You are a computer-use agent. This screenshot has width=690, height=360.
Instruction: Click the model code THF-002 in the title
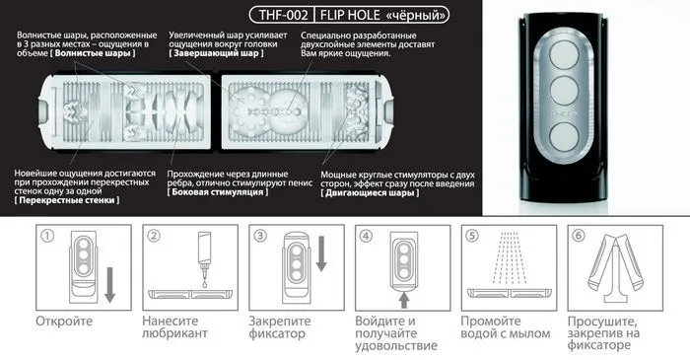point(283,15)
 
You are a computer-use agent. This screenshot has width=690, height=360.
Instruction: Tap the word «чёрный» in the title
point(415,15)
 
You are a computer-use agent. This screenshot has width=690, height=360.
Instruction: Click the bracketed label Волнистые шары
point(93,53)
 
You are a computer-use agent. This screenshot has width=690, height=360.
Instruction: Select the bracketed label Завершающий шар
point(216,53)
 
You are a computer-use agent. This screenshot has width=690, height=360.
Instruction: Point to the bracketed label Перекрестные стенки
point(67,200)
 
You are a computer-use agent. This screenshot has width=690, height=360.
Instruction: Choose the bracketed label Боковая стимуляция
point(218,192)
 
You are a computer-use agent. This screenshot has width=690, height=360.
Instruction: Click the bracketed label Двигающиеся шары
point(370,192)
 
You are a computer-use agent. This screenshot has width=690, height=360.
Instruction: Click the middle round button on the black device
point(564,90)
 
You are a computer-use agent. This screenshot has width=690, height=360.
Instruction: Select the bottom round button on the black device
point(564,137)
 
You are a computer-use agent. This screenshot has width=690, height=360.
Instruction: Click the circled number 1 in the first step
point(47,237)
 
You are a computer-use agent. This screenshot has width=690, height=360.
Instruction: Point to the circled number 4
point(366,237)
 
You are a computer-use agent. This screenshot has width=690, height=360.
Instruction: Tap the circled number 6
point(579,236)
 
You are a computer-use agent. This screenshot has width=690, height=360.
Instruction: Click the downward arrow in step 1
point(109,285)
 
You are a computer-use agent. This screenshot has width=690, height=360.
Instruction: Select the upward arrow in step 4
point(404,301)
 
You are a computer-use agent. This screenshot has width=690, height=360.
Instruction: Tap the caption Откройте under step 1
point(64,321)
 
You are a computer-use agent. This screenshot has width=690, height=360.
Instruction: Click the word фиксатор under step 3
point(277,333)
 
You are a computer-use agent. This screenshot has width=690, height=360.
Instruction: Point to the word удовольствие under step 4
point(396,345)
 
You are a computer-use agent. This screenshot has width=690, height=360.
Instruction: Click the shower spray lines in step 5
point(510,257)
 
